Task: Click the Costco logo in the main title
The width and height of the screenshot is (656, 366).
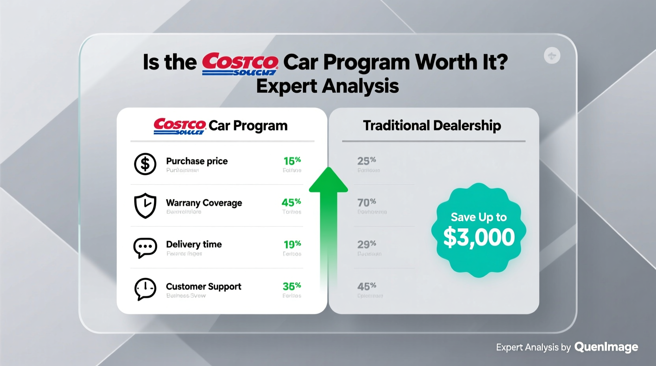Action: pyautogui.click(x=240, y=63)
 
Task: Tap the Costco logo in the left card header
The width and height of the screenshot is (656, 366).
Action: pyautogui.click(x=179, y=126)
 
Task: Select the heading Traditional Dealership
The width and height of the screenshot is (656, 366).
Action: pyautogui.click(x=432, y=125)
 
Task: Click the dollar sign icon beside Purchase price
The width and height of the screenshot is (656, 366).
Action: pyautogui.click(x=145, y=164)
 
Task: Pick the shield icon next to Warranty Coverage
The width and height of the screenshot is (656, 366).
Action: pyautogui.click(x=145, y=205)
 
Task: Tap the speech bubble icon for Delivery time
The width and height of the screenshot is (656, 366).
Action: pyautogui.click(x=145, y=247)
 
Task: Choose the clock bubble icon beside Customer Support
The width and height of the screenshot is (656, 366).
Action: pyautogui.click(x=145, y=289)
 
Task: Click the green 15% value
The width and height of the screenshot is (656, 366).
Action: pyautogui.click(x=292, y=161)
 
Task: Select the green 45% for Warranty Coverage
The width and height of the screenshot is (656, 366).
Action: pyautogui.click(x=291, y=203)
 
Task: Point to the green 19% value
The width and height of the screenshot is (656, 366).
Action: pyautogui.click(x=292, y=245)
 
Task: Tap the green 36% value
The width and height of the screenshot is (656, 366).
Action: pyautogui.click(x=292, y=286)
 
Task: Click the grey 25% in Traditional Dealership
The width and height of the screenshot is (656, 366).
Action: pyautogui.click(x=367, y=161)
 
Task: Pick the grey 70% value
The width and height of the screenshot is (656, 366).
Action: pyautogui.click(x=367, y=203)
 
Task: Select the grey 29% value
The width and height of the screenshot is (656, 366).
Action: pyautogui.click(x=367, y=245)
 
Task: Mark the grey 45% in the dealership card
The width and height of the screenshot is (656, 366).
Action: pyautogui.click(x=367, y=286)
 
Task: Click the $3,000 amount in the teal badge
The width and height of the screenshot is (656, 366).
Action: pyautogui.click(x=479, y=237)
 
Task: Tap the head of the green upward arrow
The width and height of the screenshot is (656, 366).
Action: pyautogui.click(x=328, y=181)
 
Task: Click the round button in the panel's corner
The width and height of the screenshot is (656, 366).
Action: pyautogui.click(x=552, y=56)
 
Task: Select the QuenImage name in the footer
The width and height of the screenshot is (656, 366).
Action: pyautogui.click(x=606, y=347)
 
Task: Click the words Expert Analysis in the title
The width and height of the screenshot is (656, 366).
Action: pyautogui.click(x=327, y=86)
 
